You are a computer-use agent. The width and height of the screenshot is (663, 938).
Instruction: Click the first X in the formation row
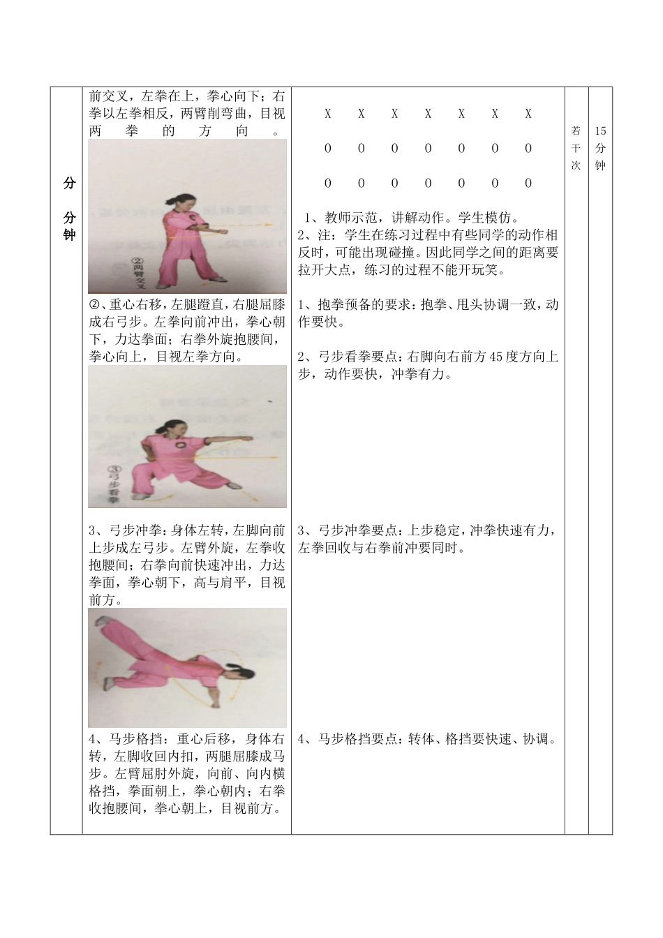328,114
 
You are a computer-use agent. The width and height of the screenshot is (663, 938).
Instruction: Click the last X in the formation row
528,114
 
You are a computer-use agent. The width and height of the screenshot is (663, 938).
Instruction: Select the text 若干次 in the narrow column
576,148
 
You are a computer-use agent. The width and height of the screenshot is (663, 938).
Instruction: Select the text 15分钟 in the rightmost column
601,148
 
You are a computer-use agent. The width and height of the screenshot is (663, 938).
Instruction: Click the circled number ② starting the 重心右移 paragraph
95,305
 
